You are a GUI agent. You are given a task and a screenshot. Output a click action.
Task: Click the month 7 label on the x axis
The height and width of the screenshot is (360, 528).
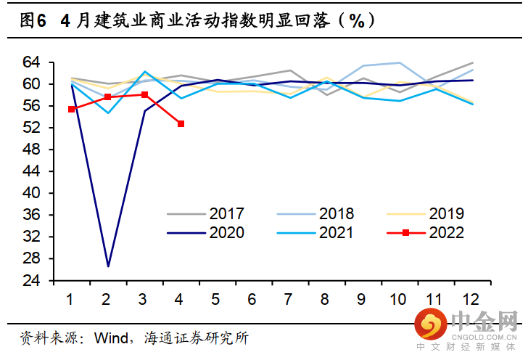289,299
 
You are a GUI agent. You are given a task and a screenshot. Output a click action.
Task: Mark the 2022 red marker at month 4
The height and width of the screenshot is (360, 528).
181,124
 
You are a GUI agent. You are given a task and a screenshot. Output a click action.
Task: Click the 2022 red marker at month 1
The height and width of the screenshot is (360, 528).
71,109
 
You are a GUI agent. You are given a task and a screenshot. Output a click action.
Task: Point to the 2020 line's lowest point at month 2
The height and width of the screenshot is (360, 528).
107,266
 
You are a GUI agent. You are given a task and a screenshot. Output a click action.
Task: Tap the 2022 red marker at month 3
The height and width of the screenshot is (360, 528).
144,95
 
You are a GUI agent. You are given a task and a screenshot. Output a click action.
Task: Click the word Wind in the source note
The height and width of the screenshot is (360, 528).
110,339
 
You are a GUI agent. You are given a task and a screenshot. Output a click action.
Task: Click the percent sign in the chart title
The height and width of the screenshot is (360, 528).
357,21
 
